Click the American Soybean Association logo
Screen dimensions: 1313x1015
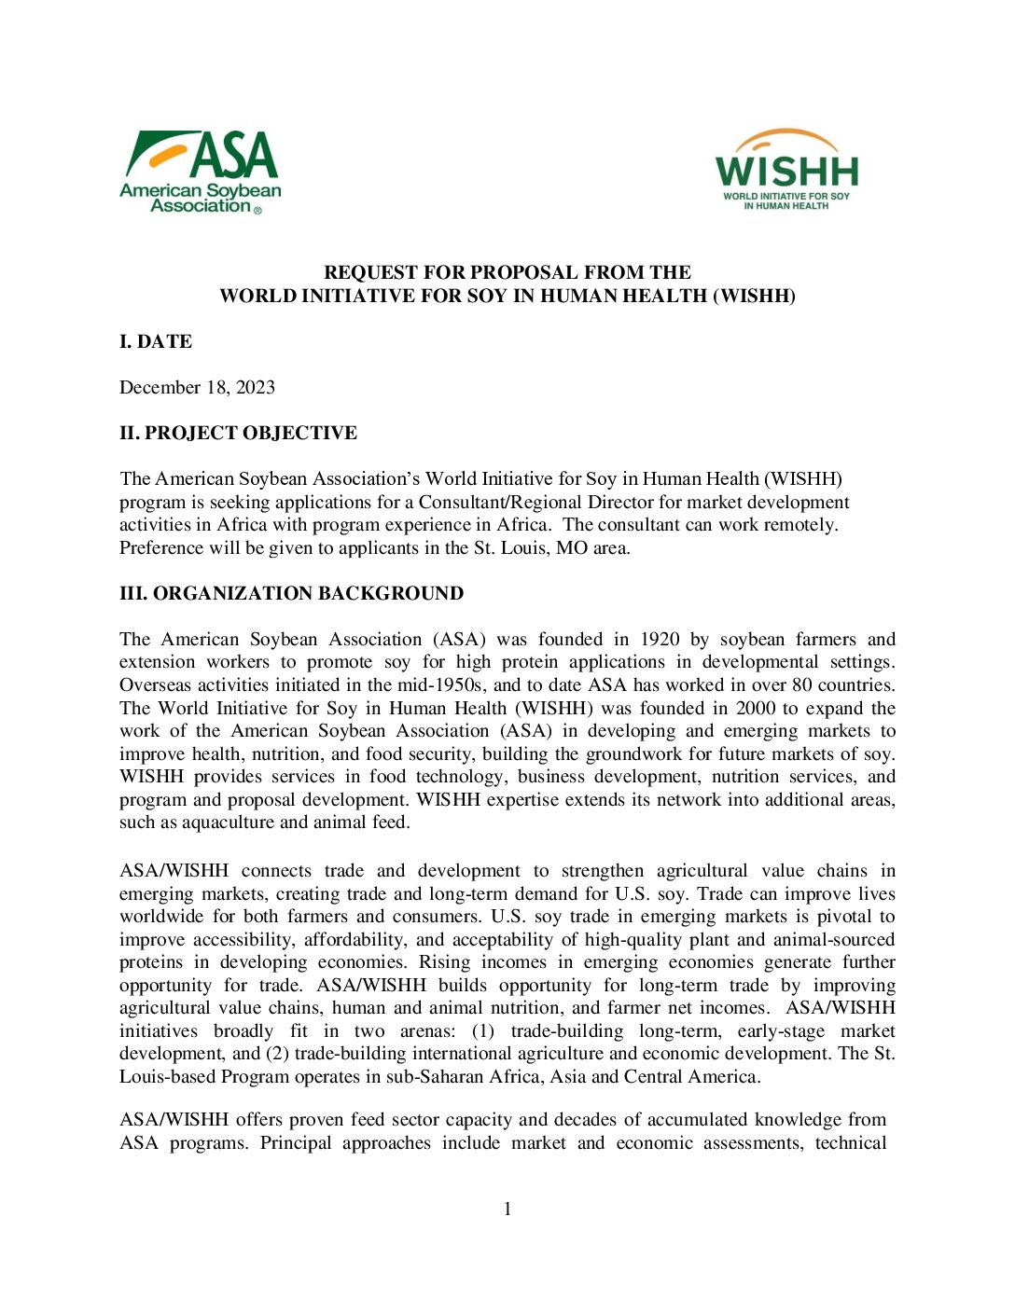tap(201, 173)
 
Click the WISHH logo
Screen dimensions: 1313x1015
tap(786, 170)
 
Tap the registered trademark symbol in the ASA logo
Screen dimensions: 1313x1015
tap(258, 211)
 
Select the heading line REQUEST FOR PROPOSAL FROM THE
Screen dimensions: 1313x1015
tap(507, 272)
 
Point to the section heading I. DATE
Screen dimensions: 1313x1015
tap(156, 341)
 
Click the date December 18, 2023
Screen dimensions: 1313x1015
tap(197, 387)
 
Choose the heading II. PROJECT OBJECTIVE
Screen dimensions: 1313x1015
tap(238, 433)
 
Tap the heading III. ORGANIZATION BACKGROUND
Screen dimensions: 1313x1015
tap(291, 593)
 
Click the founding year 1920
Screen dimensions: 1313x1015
tap(660, 639)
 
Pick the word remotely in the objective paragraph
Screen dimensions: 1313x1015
tap(802, 524)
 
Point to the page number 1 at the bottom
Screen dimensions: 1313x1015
tap(507, 1209)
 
